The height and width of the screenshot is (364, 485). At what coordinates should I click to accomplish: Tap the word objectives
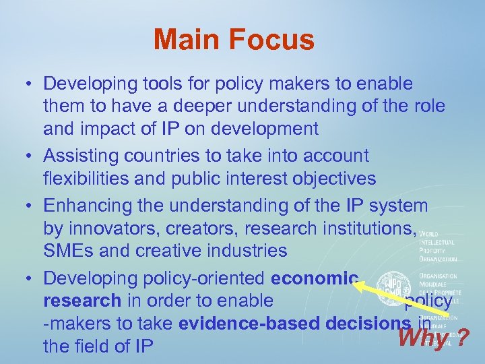pos(335,179)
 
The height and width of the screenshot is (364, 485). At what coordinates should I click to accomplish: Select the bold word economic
pos(315,278)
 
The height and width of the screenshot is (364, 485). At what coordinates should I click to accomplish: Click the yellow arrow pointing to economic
pos(404,299)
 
